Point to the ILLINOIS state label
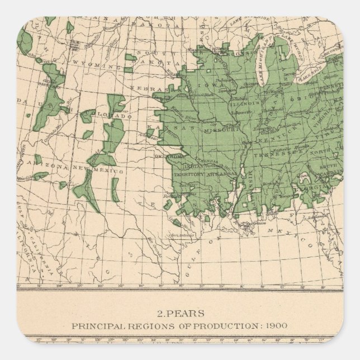[x=248, y=103]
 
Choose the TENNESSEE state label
[x=268, y=155]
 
